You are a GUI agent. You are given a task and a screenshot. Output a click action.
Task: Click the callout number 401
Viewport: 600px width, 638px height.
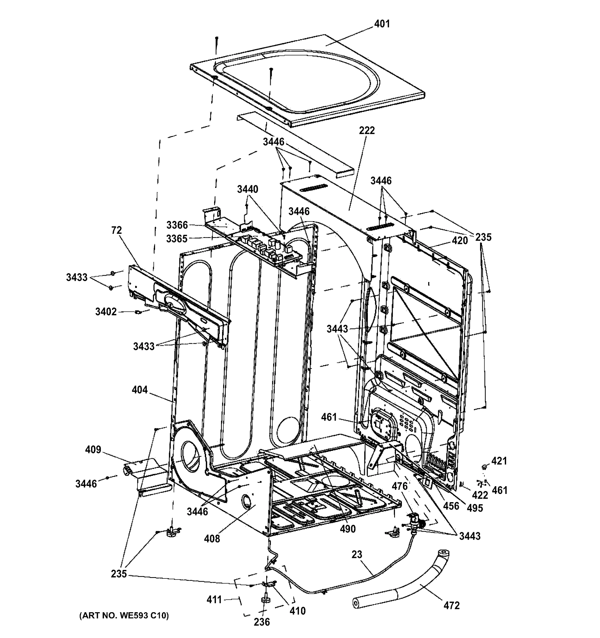coord(382,24)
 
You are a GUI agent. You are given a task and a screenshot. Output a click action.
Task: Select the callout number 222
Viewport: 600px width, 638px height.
coord(367,131)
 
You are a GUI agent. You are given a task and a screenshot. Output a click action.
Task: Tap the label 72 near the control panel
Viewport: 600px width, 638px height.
coord(117,230)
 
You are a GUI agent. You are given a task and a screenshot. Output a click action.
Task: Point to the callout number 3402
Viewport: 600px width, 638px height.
coord(106,312)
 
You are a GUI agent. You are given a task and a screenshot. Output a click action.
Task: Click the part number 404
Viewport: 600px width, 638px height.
coord(140,390)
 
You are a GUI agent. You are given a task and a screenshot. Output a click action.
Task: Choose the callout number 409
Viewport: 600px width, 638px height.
coord(93,450)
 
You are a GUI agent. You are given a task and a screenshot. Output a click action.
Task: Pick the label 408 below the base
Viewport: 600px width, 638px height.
coord(212,539)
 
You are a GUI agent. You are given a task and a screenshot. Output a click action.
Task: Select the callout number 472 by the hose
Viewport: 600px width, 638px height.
coord(451,606)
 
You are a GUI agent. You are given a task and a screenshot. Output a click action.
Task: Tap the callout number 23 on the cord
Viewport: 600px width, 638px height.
coord(357,555)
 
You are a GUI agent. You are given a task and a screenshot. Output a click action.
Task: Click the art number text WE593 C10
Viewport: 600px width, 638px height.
coord(124,615)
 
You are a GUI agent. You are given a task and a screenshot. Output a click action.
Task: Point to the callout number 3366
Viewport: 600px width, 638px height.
coord(177,225)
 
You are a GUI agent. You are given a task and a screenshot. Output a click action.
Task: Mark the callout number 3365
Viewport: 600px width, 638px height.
coord(177,239)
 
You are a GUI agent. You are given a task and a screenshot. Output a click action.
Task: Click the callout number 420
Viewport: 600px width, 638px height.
coord(460,240)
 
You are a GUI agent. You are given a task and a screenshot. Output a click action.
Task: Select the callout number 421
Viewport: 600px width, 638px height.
coord(499,461)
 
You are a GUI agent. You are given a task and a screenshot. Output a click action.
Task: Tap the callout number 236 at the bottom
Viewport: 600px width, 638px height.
coord(262,622)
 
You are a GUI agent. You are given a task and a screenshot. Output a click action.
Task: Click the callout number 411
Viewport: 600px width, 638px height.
coord(214,599)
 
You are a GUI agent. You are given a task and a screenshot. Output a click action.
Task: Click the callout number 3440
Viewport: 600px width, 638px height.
coord(248,189)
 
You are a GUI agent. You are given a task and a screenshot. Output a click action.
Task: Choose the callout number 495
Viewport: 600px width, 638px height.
coord(474,508)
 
